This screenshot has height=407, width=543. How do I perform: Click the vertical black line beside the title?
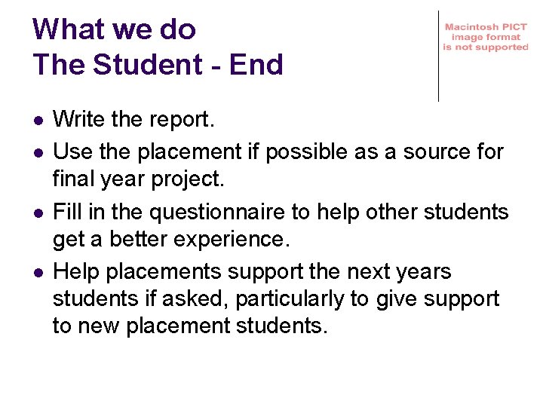point(438,56)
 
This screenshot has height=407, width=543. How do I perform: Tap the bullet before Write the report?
point(37,120)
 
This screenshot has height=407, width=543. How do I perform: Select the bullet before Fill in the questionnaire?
point(37,213)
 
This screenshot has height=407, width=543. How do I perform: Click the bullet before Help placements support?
point(37,273)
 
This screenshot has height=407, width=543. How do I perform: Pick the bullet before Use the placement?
point(37,152)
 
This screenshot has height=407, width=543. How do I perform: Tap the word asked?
point(197,299)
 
